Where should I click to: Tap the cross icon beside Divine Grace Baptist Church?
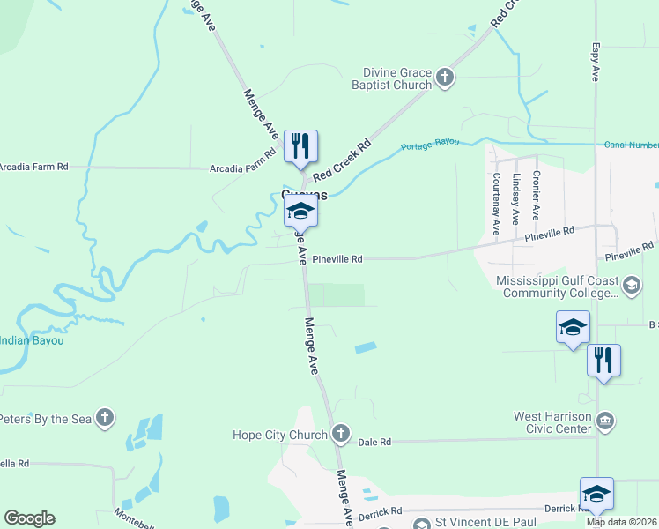coord(445,78)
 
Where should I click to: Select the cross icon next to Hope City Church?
coord(341,434)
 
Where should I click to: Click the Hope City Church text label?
coord(279,434)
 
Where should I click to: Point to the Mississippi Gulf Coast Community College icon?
coord(632,285)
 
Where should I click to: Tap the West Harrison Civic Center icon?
coord(605,420)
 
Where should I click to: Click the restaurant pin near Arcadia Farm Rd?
coord(300,146)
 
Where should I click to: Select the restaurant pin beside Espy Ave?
coord(603,361)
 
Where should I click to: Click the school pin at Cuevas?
coord(300,212)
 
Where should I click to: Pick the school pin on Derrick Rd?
coord(596,494)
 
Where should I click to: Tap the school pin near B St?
coord(573,328)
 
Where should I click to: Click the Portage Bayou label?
coord(430,145)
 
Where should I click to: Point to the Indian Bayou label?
coord(32,339)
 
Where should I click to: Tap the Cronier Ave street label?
coord(536,196)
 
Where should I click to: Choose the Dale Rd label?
coord(374,443)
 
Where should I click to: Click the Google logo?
coord(29,518)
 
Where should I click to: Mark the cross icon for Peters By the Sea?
coord(104,418)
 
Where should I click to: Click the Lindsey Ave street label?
coord(516,197)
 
